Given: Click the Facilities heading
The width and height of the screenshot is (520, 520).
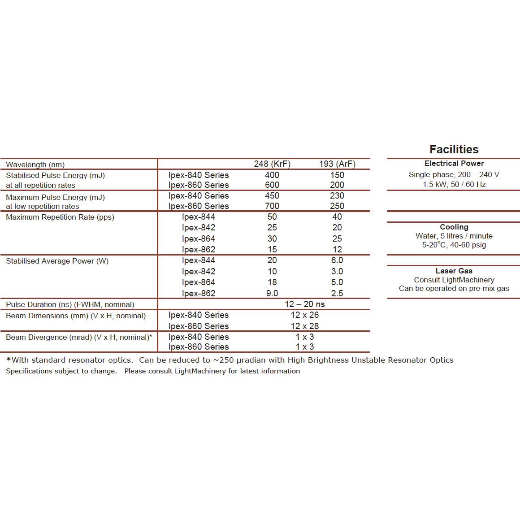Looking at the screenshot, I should pyautogui.click(x=454, y=149).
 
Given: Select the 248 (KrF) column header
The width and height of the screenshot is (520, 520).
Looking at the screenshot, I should pyautogui.click(x=272, y=164).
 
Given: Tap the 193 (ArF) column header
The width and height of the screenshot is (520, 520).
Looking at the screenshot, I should pyautogui.click(x=337, y=164).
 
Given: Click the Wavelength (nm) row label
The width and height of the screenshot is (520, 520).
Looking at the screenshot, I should pyautogui.click(x=35, y=165).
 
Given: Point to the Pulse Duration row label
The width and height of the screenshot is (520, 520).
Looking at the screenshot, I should pyautogui.click(x=70, y=305).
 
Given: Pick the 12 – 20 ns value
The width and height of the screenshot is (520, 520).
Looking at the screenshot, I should pyautogui.click(x=304, y=304).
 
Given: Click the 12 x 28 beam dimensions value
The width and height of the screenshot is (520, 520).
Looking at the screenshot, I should pyautogui.click(x=304, y=326).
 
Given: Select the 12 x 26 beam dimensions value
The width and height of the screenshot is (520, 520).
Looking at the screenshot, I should pyautogui.click(x=304, y=315).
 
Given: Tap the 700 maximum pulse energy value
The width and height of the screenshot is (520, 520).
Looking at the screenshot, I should pyautogui.click(x=272, y=206).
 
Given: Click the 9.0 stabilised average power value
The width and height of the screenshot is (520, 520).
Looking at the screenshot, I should pyautogui.click(x=272, y=294).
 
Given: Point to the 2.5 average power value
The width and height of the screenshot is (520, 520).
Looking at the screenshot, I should pyautogui.click(x=337, y=294).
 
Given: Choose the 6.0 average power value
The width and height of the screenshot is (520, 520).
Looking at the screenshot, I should pyautogui.click(x=337, y=260).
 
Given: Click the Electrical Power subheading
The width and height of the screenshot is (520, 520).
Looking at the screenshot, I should pyautogui.click(x=454, y=164).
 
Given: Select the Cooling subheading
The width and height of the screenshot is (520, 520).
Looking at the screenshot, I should pyautogui.click(x=454, y=227).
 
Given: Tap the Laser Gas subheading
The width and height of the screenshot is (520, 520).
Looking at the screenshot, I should pyautogui.click(x=454, y=271).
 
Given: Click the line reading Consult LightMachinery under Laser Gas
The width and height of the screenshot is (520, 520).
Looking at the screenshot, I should pyautogui.click(x=454, y=280).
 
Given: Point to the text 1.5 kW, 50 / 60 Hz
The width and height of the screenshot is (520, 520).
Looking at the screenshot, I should pyautogui.click(x=454, y=185).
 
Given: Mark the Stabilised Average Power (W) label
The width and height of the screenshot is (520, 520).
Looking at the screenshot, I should pyautogui.click(x=57, y=261).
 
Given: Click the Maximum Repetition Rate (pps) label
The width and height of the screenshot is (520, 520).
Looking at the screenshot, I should pyautogui.click(x=60, y=217).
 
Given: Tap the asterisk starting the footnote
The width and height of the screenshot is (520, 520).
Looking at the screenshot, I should pyautogui.click(x=9, y=360).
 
